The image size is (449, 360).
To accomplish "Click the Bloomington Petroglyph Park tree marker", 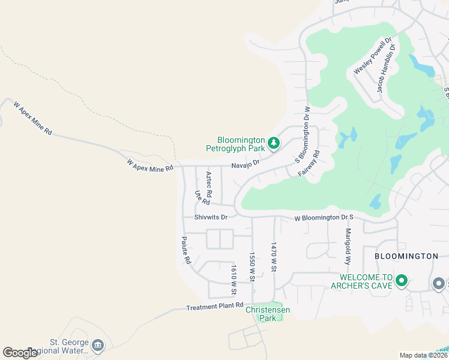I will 274,143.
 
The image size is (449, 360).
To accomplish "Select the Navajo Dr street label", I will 246,163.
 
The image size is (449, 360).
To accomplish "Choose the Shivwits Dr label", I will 211,217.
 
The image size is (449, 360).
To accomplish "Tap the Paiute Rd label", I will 186,250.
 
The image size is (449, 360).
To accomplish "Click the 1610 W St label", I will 234,281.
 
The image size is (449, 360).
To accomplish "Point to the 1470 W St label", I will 274,257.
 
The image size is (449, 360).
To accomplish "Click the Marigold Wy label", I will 348,246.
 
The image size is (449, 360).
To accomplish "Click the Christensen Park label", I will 268,314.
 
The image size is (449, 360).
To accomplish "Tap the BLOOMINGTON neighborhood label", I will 406,256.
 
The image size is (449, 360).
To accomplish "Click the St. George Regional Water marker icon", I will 98,345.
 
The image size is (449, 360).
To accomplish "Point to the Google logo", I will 20,353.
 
